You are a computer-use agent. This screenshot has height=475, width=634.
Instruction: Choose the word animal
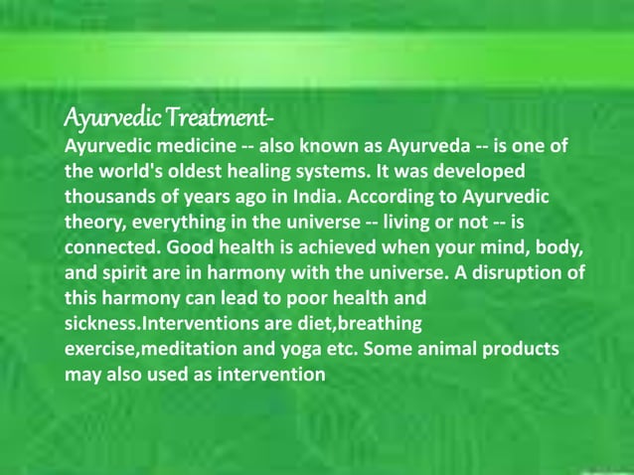click(438, 351)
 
